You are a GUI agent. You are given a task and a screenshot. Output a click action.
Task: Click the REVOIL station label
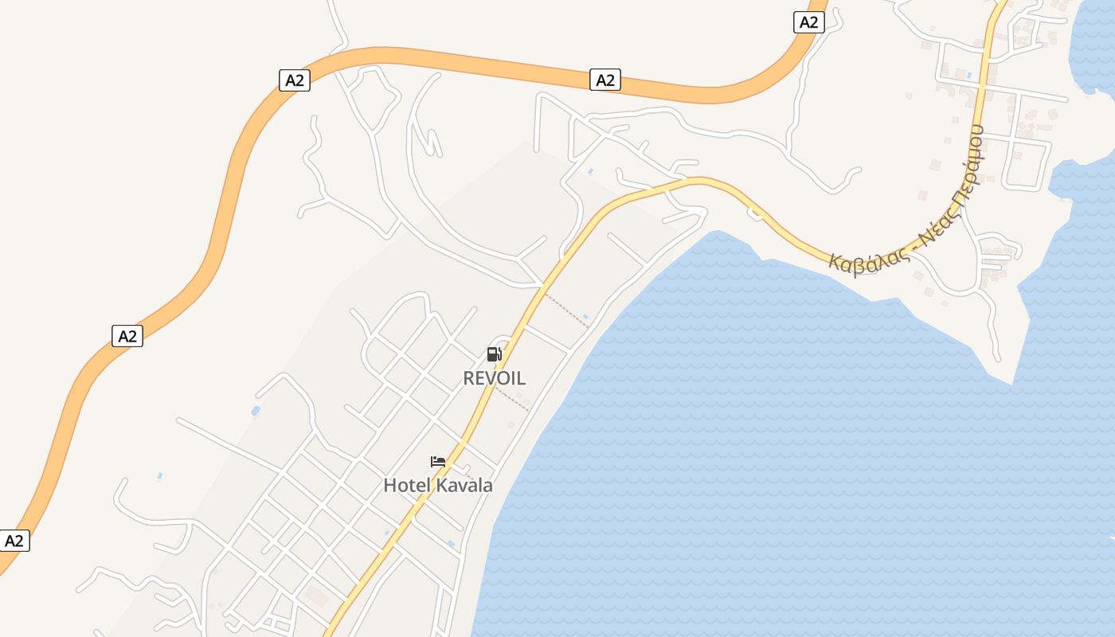click(494, 378)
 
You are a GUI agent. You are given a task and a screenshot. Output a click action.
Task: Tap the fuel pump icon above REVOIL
click(494, 354)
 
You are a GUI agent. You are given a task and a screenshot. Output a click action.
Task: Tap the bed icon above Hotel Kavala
click(437, 461)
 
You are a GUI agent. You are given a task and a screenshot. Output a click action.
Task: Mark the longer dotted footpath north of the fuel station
click(567, 311)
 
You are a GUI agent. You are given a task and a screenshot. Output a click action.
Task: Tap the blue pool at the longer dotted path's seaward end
click(586, 318)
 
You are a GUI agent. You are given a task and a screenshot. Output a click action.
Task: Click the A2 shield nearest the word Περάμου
click(808, 22)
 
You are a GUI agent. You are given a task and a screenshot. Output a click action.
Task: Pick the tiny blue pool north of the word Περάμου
click(968, 76)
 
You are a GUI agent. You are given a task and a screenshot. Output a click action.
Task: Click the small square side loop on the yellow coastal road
click(754, 212)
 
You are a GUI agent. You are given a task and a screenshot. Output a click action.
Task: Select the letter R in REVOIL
click(469, 378)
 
